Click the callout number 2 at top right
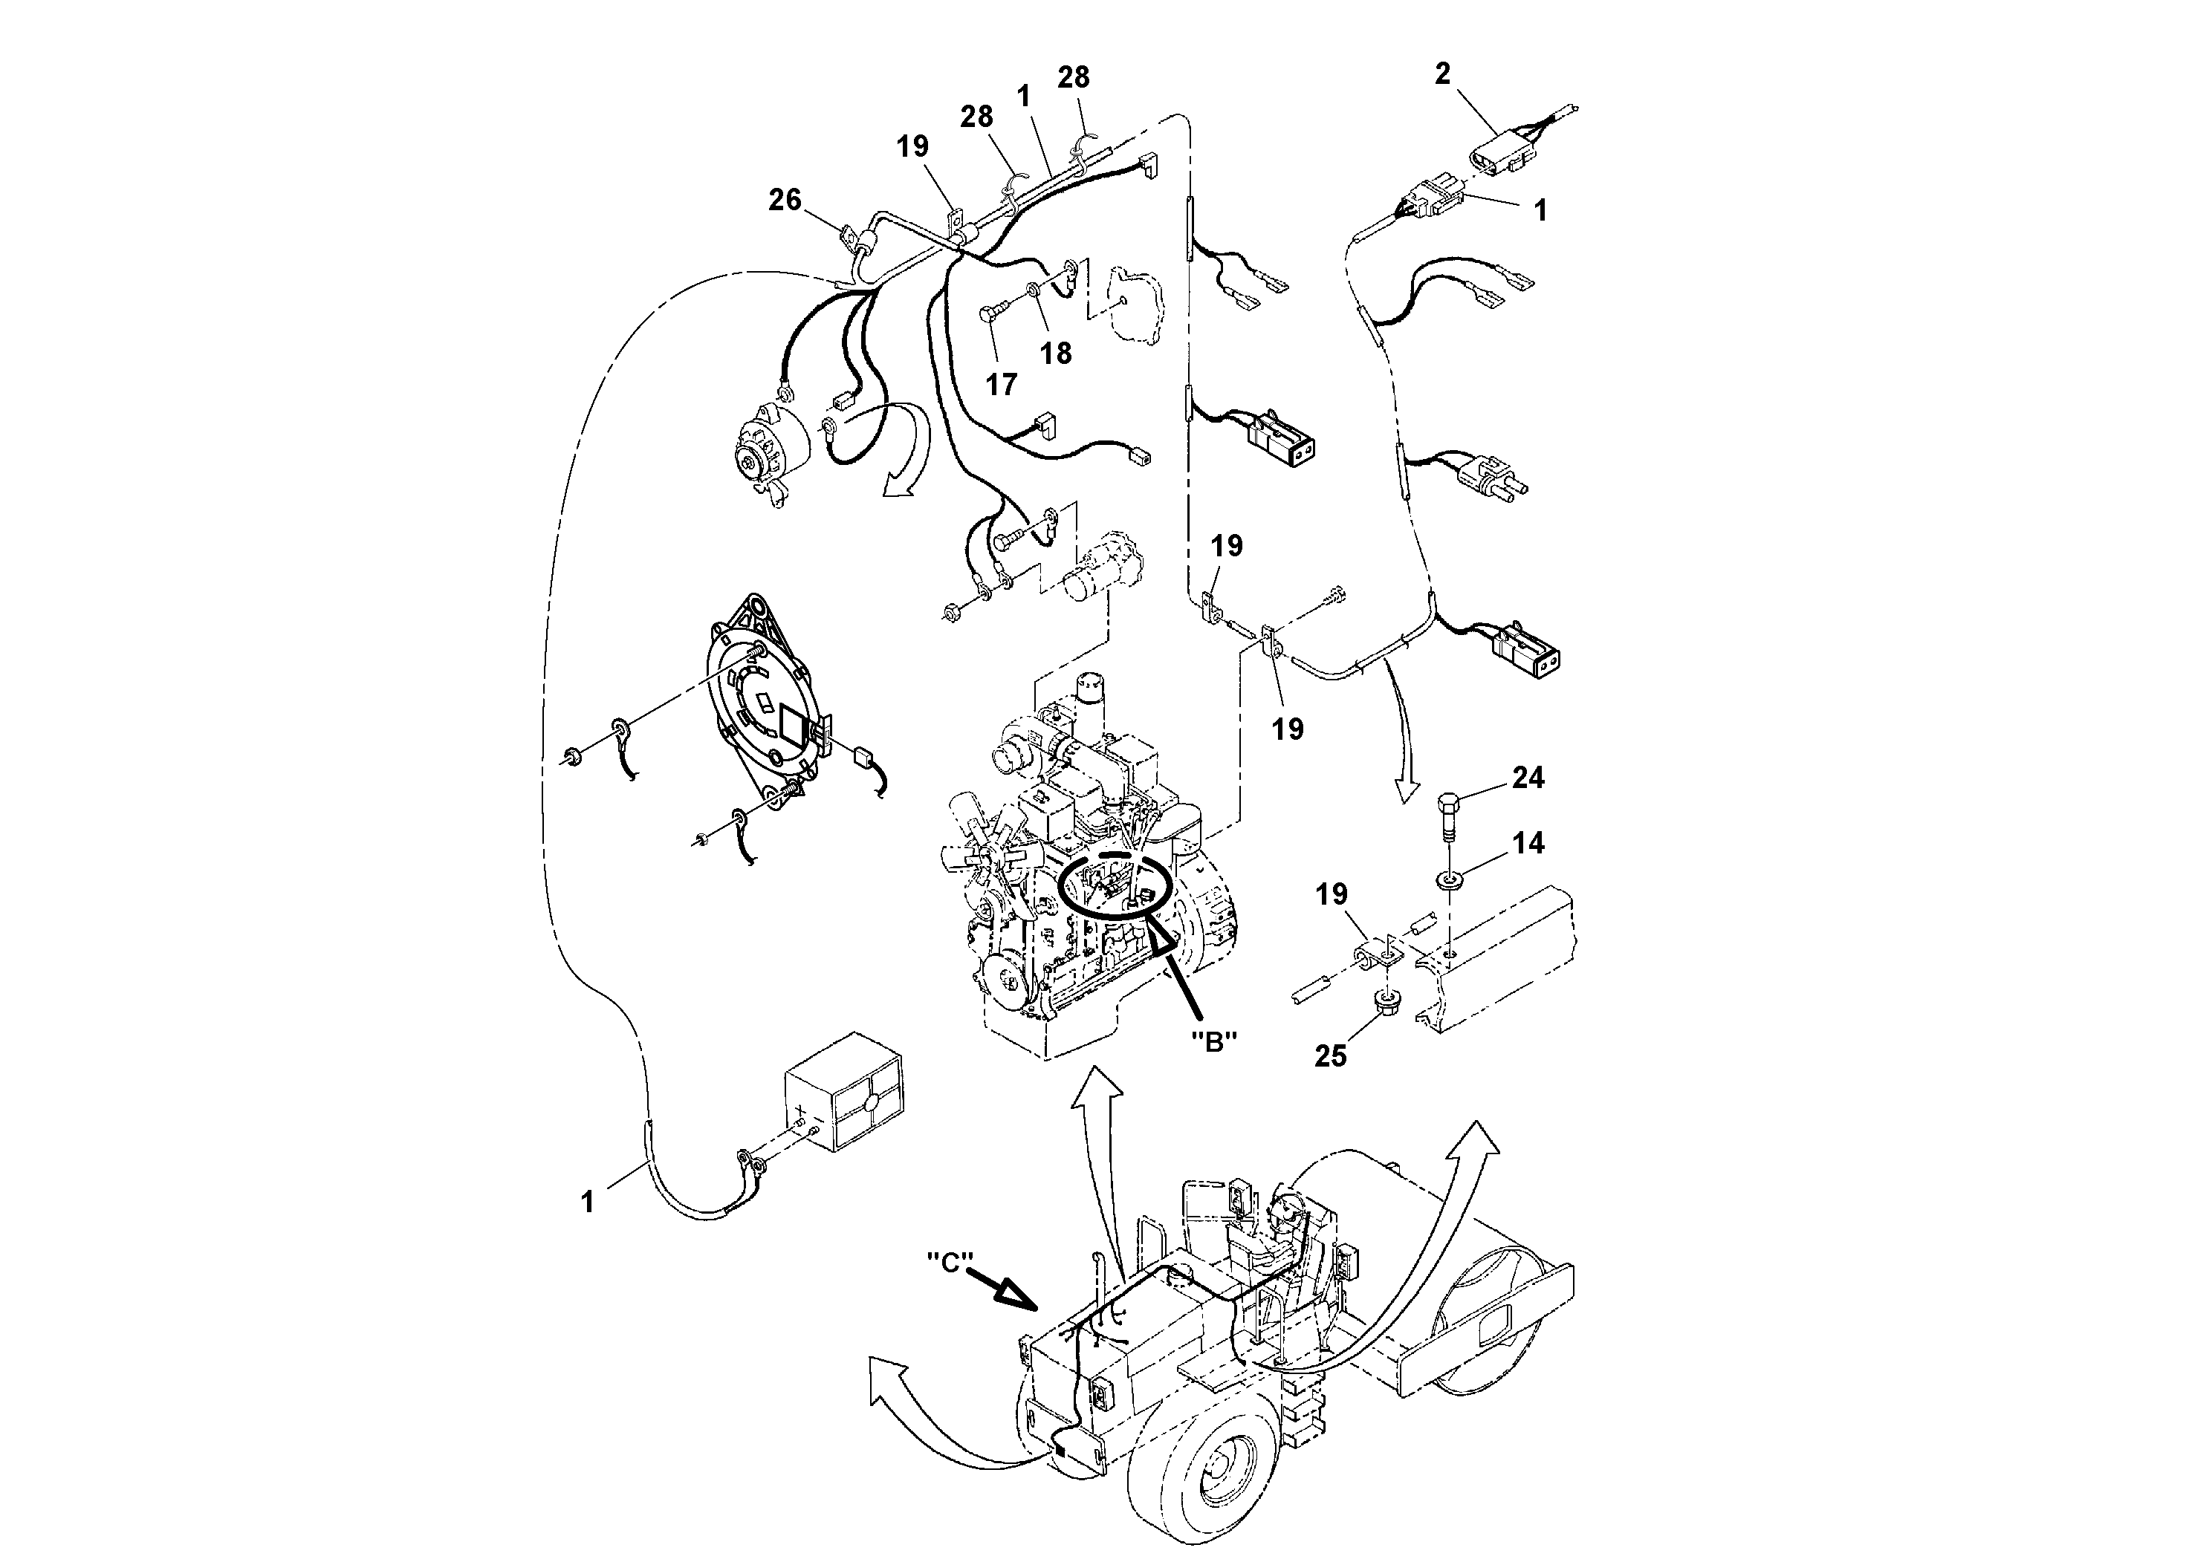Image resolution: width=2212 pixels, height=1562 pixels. point(1441,74)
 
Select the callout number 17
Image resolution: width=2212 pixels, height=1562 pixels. point(1001,384)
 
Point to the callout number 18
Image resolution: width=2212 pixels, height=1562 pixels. point(1056,354)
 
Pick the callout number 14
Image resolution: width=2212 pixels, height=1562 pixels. point(1528,844)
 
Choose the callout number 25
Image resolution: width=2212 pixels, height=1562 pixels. point(1331,1056)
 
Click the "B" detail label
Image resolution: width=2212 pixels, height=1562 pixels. point(1214,1041)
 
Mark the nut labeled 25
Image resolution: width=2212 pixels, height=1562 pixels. point(1386,1011)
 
